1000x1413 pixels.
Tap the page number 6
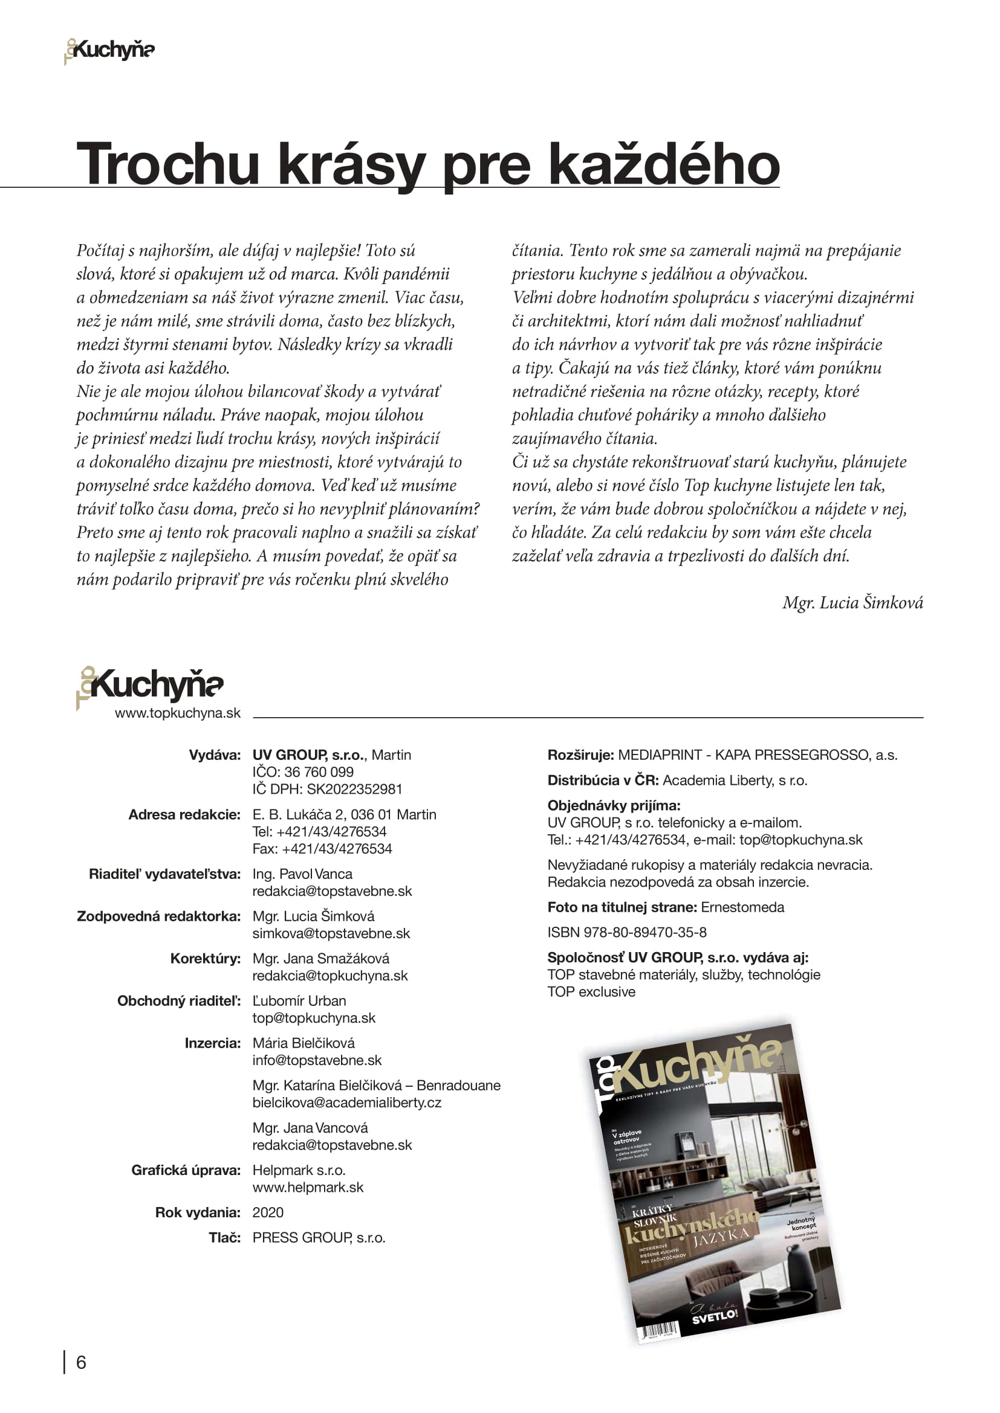pyautogui.click(x=80, y=1362)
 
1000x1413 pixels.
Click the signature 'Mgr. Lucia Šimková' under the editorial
pyautogui.click(x=852, y=602)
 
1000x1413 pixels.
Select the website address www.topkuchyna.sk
pyautogui.click(x=177, y=713)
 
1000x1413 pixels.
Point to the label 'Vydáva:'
pyautogui.click(x=214, y=755)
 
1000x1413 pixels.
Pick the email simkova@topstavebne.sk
pyautogui.click(x=331, y=933)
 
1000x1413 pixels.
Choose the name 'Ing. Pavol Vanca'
pyautogui.click(x=302, y=874)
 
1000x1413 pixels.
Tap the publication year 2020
pyautogui.click(x=268, y=1212)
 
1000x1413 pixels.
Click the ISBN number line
pyautogui.click(x=627, y=932)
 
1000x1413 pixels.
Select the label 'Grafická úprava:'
pyautogui.click(x=186, y=1170)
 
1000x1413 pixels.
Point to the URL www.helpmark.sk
pyautogui.click(x=308, y=1187)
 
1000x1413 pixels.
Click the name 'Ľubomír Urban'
pyautogui.click(x=299, y=1000)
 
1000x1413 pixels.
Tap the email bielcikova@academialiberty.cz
pyautogui.click(x=346, y=1102)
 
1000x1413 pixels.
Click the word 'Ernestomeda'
pyautogui.click(x=742, y=907)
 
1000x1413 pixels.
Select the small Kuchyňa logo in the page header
pyautogui.click(x=109, y=50)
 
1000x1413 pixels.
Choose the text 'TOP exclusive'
pyautogui.click(x=591, y=991)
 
